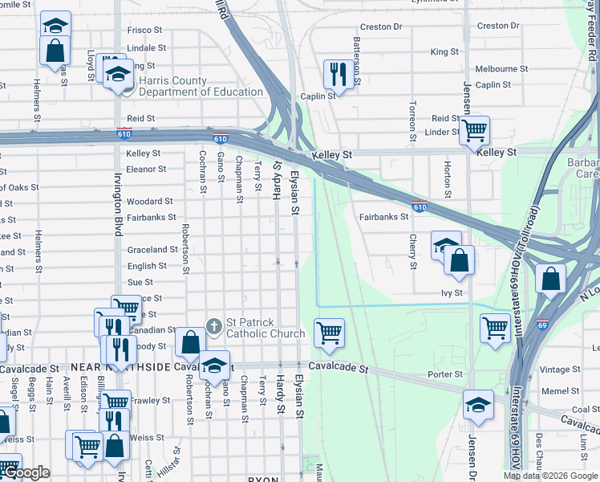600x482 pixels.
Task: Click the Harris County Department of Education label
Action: pos(201,86)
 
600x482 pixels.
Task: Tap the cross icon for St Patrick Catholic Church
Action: pos(213,325)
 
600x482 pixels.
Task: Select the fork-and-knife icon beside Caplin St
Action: pos(334,75)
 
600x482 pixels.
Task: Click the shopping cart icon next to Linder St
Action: pos(475,129)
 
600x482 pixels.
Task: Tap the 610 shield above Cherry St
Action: pos(419,206)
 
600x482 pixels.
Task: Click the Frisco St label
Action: pos(146,31)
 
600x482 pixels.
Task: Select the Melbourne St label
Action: pos(501,69)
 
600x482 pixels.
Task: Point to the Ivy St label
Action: pos(452,293)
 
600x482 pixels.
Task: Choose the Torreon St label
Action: pos(412,120)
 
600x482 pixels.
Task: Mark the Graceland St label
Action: pos(152,250)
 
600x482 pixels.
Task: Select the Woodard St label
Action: pos(149,202)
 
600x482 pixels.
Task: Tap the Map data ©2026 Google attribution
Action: pos(549,476)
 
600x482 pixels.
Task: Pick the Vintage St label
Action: pos(560,370)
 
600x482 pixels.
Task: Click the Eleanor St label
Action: pos(145,170)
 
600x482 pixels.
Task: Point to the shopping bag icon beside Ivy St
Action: pos(459,260)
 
